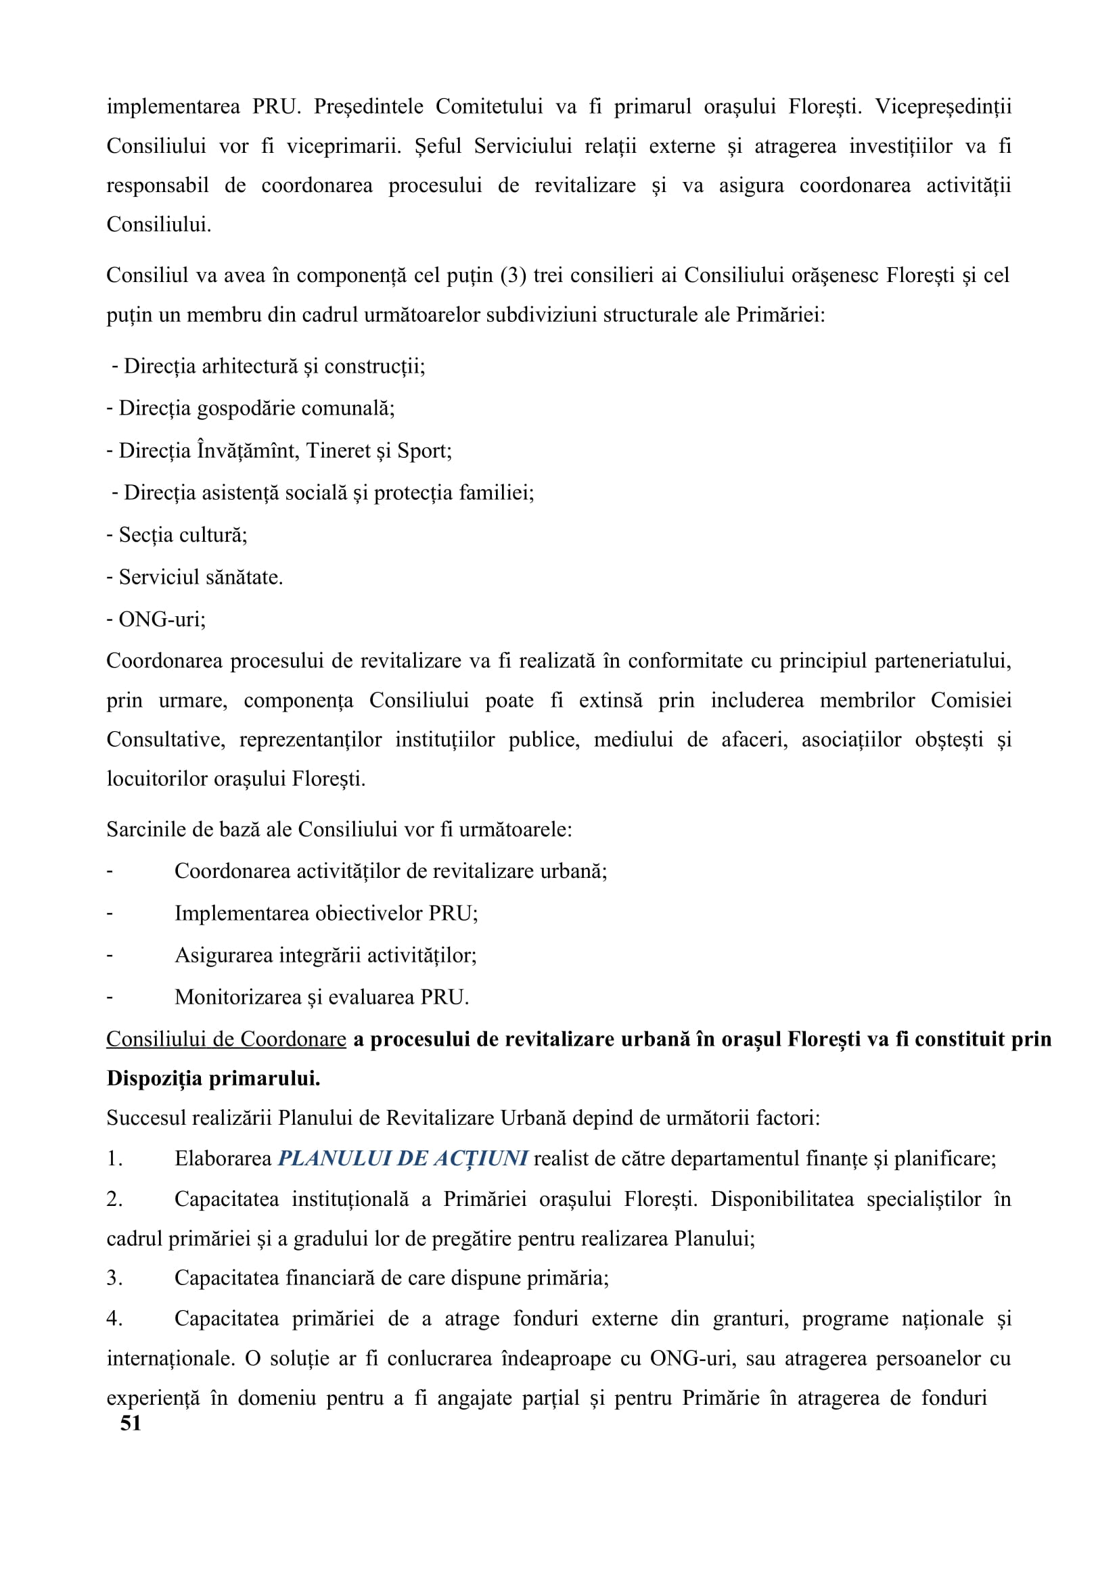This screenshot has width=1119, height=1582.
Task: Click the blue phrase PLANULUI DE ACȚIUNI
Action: (x=403, y=1158)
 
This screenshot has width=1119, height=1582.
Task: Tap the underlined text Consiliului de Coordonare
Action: (x=226, y=1039)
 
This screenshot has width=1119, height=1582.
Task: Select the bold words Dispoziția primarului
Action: (x=214, y=1078)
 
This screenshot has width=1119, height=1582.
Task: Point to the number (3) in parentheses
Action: (x=513, y=275)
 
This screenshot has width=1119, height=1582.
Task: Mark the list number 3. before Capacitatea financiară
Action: (x=114, y=1278)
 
